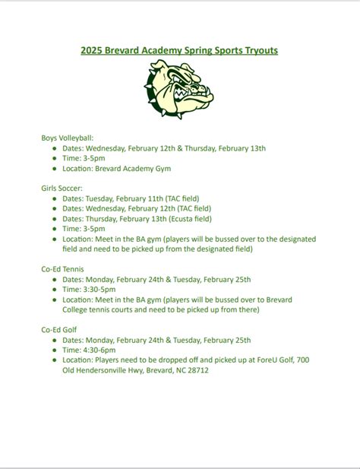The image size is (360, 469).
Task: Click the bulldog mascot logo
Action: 180,90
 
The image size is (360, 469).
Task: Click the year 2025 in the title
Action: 92,51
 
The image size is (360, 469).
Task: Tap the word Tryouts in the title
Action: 260,51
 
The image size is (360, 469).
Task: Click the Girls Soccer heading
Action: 62,187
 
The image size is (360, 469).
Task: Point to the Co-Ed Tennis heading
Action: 63,268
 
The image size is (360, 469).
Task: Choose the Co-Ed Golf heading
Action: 59,329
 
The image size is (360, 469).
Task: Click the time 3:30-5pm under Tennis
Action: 99,289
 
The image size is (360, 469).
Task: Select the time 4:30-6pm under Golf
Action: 99,350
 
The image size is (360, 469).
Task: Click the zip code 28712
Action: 195,370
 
